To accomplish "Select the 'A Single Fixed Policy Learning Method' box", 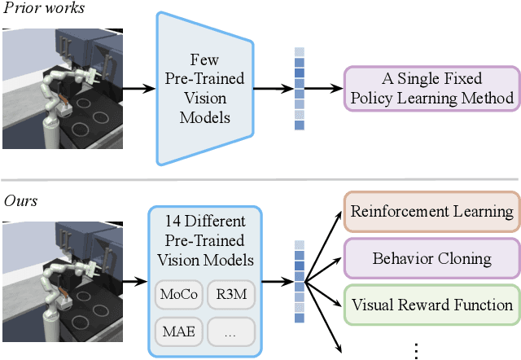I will pos(431,89).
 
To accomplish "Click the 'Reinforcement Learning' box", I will pos(431,212).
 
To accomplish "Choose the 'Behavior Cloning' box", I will pos(431,259).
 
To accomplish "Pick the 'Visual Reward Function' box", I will pos(431,305).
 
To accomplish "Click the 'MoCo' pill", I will pos(178,294).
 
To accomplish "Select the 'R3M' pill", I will pos(231,294).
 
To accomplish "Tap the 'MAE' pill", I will pos(178,331).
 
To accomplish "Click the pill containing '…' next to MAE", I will pos(231,331).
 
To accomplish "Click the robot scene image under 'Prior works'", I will pos(59,89).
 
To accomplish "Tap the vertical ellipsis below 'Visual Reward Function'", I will pos(416,349).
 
